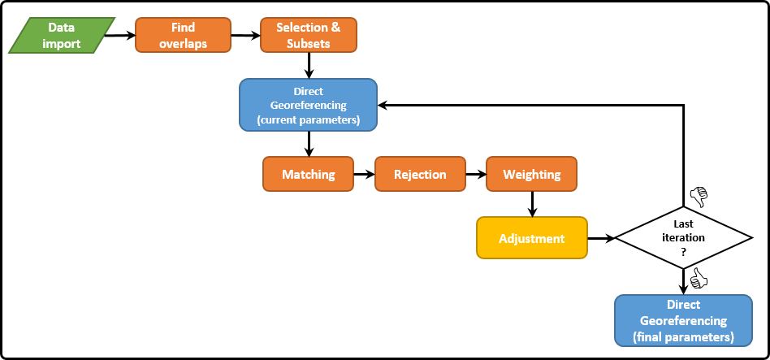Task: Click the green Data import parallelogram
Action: tap(63, 36)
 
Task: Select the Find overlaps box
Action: tap(183, 36)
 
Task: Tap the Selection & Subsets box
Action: tap(308, 36)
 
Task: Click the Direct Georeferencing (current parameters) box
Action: tap(308, 105)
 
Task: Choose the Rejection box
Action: tap(420, 175)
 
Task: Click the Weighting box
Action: tap(531, 175)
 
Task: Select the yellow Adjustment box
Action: tap(531, 238)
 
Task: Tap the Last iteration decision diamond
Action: tap(684, 238)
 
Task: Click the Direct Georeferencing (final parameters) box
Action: tap(683, 319)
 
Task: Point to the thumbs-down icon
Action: tap(699, 197)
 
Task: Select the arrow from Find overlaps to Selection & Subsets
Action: tap(244, 36)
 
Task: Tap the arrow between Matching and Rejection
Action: tap(365, 175)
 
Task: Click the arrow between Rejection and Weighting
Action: tap(475, 175)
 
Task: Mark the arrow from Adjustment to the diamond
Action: tap(600, 238)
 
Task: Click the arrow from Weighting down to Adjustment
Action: tap(531, 203)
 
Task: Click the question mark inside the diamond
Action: tap(684, 252)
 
